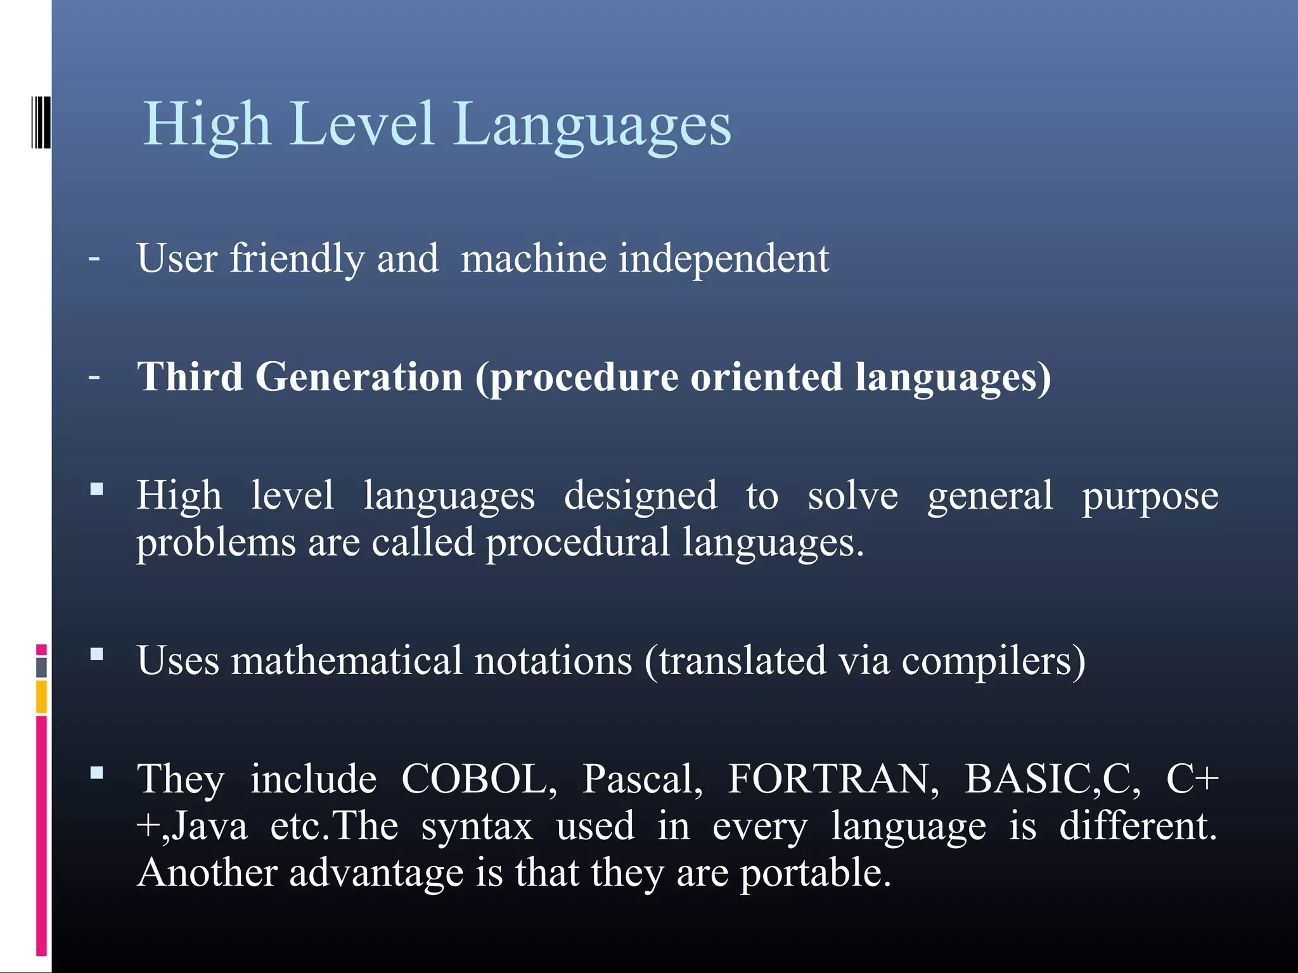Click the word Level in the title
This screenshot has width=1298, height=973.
click(x=363, y=125)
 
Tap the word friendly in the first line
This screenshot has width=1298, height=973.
click(x=297, y=259)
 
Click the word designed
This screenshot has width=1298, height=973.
click(x=640, y=495)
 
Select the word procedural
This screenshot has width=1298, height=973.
click(x=577, y=543)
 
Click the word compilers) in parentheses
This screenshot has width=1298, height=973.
click(x=993, y=661)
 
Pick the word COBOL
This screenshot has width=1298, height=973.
click(x=479, y=779)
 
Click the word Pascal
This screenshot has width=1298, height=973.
click(x=643, y=779)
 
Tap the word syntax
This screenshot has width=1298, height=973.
click(x=477, y=827)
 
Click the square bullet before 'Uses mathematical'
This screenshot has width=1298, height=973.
click(x=97, y=654)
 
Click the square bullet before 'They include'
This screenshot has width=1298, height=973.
click(x=97, y=772)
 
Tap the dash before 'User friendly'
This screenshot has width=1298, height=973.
click(x=94, y=258)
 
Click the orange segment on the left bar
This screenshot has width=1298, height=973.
click(x=41, y=697)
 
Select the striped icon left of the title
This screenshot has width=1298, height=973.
click(x=41, y=122)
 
